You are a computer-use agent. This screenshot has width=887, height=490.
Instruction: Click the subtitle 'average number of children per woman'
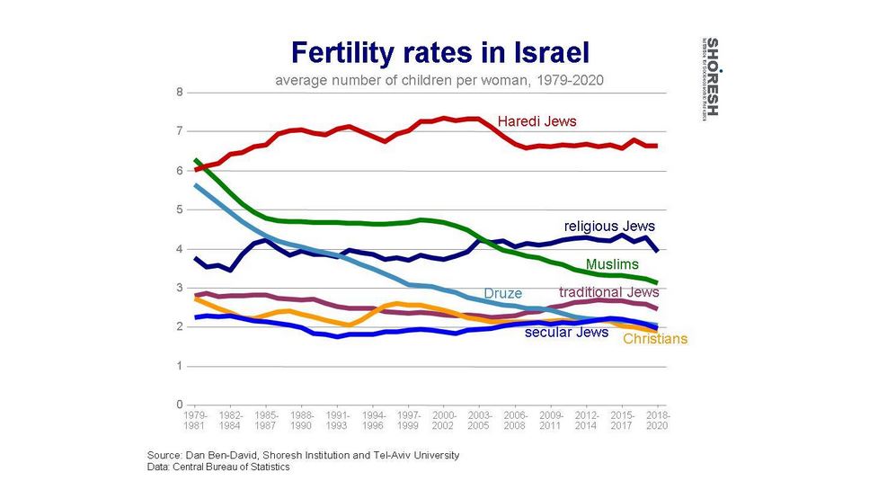438,79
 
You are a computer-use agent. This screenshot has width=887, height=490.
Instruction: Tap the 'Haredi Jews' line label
537,121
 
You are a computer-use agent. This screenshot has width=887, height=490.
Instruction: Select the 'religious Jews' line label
609,227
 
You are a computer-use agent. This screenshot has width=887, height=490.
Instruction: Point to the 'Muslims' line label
612,264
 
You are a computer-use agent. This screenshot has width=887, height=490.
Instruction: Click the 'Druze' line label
502,293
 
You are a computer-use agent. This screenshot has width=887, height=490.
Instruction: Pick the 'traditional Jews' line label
609,292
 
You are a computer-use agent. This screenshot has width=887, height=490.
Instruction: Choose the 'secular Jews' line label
567,333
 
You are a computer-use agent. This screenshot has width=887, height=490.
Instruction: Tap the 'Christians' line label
655,339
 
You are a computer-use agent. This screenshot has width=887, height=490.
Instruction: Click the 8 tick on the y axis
180,93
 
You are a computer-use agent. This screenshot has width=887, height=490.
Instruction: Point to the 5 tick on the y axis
180,209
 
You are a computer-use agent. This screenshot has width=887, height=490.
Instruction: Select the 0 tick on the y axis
180,405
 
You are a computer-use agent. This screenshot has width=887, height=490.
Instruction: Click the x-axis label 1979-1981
196,420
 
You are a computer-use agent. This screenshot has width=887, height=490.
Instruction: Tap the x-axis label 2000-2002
444,420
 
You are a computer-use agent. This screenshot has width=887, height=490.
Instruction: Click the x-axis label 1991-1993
337,420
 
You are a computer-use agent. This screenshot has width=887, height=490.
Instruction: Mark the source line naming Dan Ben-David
303,455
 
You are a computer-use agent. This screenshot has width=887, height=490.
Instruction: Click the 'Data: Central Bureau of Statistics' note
218,467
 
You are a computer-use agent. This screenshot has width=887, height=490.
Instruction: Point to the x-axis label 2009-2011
550,420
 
